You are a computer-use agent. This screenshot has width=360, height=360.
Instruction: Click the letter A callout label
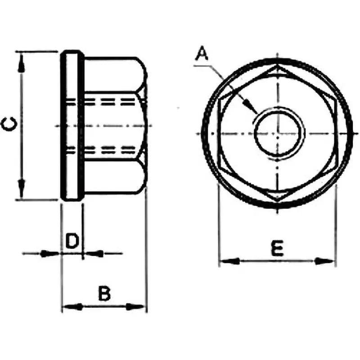pyautogui.click(x=202, y=53)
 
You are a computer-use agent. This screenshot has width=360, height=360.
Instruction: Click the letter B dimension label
pyautogui.click(x=104, y=293)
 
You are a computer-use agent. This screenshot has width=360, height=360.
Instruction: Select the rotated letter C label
pyautogui.click(x=9, y=124)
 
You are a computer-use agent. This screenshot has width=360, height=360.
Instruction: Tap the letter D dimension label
pyautogui.click(x=72, y=241)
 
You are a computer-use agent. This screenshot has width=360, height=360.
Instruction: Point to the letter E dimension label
pyautogui.click(x=277, y=248)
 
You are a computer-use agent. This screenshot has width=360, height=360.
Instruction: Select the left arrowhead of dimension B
pyautogui.click(x=72, y=306)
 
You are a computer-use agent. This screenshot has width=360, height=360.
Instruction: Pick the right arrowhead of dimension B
pyautogui.click(x=136, y=306)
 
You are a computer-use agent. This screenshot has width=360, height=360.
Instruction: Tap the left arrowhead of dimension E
pyautogui.click(x=229, y=261)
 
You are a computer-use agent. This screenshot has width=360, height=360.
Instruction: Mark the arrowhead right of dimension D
pyautogui.click(x=93, y=254)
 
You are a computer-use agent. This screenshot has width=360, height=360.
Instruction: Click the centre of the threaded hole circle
pyautogui.click(x=278, y=133)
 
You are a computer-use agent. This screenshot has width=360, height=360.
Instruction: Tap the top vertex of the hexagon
pyautogui.click(x=278, y=65)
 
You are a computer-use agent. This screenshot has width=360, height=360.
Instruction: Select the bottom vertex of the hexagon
pyautogui.click(x=278, y=202)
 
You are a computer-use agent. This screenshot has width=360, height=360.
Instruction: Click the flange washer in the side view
pyautogui.click(x=72, y=126)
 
